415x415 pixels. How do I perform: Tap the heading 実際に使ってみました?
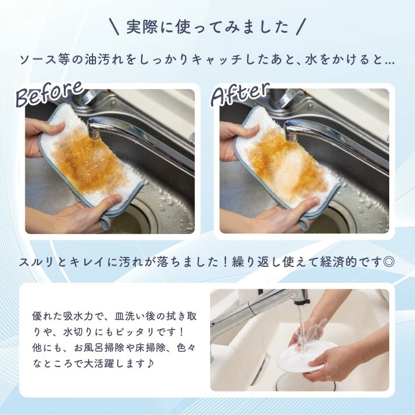(207, 27)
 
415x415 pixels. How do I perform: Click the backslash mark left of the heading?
(114, 26)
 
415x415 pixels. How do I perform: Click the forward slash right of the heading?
(301, 26)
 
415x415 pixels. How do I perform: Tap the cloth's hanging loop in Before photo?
(105, 222)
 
